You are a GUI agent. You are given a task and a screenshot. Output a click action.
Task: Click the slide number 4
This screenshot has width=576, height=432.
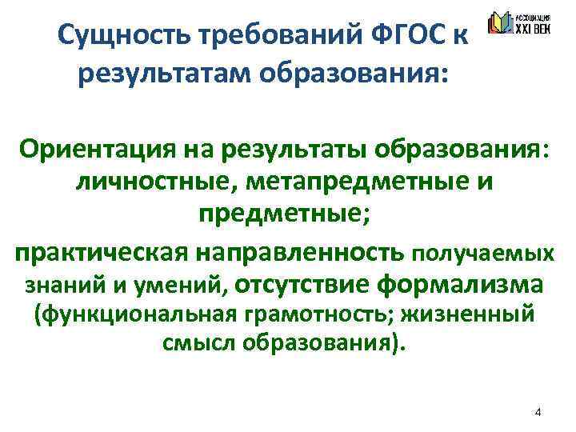click(538, 413)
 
